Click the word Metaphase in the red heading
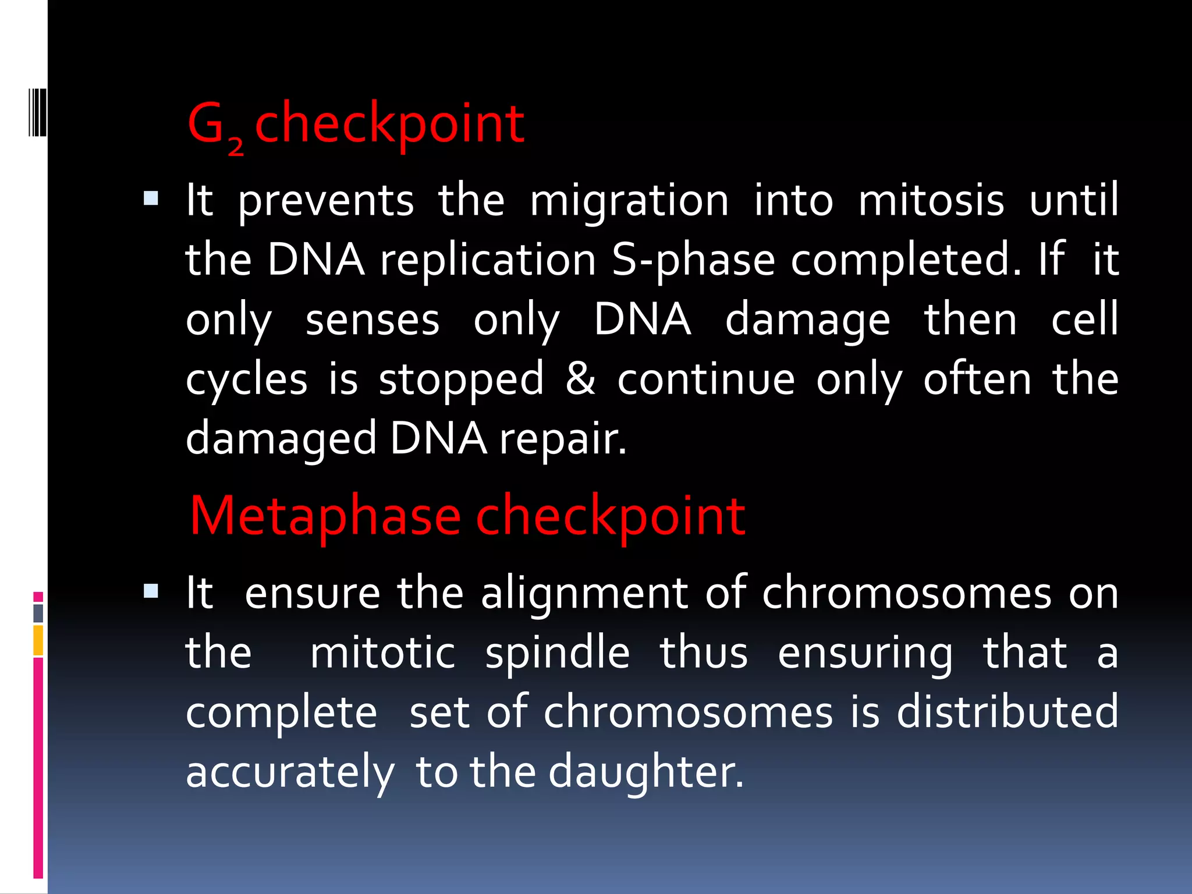[x=325, y=516]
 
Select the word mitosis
[x=931, y=201]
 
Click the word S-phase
[x=693, y=261]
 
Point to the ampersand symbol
[x=580, y=379]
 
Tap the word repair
[x=563, y=439]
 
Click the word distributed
[x=1007, y=712]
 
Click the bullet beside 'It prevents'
[x=151, y=200]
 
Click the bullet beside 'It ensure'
[x=151, y=592]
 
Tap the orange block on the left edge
[x=38, y=640]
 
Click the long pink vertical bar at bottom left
[x=38, y=767]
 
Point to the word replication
[x=488, y=261]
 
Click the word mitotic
[x=382, y=653]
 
